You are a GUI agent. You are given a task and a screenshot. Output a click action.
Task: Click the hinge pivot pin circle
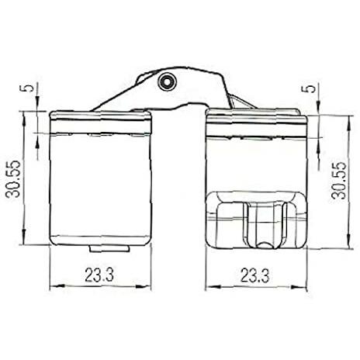167,81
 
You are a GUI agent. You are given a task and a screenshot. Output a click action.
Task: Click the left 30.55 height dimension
13,178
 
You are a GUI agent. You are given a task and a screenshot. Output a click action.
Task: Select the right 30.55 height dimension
339,180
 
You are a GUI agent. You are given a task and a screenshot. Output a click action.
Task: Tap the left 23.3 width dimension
99,275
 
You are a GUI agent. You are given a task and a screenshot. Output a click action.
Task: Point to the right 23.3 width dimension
254,275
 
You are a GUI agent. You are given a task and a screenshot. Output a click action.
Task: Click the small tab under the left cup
109,248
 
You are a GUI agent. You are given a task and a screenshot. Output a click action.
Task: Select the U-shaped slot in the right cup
265,226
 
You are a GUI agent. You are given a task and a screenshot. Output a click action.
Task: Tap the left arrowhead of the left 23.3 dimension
57,286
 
